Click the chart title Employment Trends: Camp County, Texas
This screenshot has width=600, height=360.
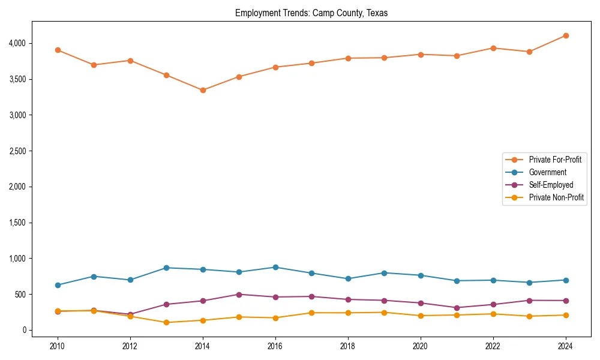pyautogui.click(x=311, y=13)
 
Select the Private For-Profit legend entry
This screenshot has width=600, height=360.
pyautogui.click(x=555, y=160)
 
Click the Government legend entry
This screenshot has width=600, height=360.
pyautogui.click(x=547, y=172)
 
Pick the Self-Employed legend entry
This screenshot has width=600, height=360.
pyautogui.click(x=551, y=185)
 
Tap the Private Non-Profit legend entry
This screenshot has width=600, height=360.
pyautogui.click(x=556, y=197)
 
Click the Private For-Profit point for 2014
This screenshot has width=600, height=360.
pyautogui.click(x=203, y=90)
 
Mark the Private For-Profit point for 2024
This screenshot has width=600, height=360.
pyautogui.click(x=566, y=35)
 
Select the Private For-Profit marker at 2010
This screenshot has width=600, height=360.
pyautogui.click(x=58, y=50)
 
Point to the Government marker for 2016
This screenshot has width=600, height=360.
pyautogui.click(x=275, y=267)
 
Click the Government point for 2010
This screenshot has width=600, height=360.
pyautogui.click(x=58, y=285)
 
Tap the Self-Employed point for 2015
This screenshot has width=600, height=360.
pyautogui.click(x=239, y=295)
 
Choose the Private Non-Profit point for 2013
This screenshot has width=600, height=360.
pyautogui.click(x=166, y=322)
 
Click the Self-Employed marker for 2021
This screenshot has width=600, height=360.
pyautogui.click(x=457, y=308)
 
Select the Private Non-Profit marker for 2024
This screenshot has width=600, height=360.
pyautogui.click(x=566, y=315)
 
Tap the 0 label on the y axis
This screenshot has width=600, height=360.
pyautogui.click(x=24, y=330)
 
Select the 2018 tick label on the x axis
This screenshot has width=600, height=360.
pyautogui.click(x=348, y=346)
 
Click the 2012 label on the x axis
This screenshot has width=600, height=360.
pyautogui.click(x=130, y=346)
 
